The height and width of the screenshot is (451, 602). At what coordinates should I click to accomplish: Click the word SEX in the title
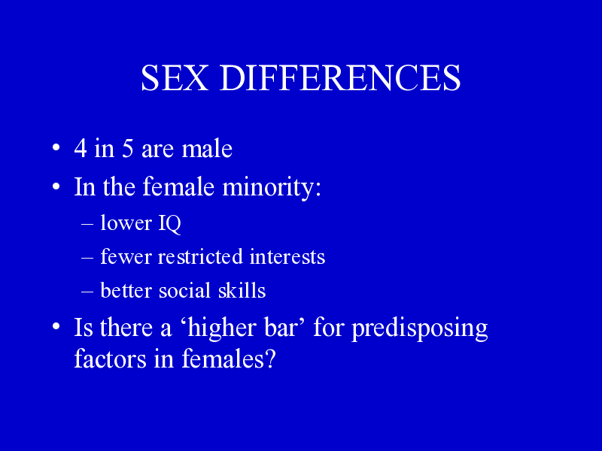coord(175,78)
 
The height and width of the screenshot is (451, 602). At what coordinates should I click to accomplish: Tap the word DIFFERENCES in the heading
coord(340,78)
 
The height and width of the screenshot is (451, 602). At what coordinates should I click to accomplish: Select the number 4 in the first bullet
coord(81,148)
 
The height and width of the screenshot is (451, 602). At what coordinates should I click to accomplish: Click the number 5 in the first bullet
coord(128,148)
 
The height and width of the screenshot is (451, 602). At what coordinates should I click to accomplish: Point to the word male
coord(207,148)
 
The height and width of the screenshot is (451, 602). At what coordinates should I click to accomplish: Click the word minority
coord(272,187)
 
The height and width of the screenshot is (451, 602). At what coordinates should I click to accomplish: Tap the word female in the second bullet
coord(178,186)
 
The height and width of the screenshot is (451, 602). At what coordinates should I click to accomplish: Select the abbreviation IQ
coord(169,223)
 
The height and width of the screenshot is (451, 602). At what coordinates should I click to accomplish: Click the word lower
coord(126,222)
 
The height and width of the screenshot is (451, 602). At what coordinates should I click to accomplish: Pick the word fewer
coord(126,256)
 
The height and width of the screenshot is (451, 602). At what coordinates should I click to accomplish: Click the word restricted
coord(200,256)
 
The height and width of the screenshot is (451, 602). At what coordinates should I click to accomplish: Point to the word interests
coord(287,256)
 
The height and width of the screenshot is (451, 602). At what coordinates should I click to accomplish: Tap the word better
coord(126,290)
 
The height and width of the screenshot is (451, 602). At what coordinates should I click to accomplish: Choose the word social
coord(184,290)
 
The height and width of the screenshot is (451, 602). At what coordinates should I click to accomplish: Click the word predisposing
coord(420,329)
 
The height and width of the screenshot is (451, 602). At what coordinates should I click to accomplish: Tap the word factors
coord(110,359)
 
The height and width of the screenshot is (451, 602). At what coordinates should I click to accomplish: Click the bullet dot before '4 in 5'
coord(56,147)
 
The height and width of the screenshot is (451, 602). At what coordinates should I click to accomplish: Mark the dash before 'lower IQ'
coord(87,224)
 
